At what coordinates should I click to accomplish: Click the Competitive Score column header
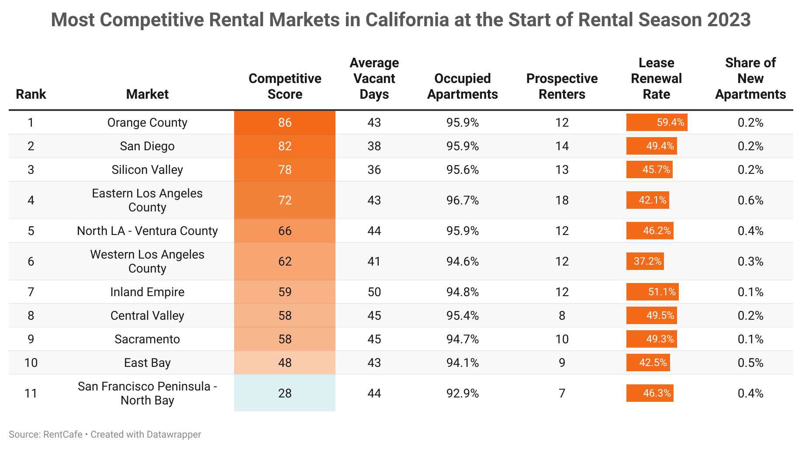click(285, 86)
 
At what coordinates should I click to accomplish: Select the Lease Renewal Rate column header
click(656, 79)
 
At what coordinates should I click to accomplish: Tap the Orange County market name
click(147, 123)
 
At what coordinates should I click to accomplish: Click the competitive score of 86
click(285, 122)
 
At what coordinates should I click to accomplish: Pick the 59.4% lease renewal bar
click(657, 122)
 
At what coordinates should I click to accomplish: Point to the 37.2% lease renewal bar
click(645, 261)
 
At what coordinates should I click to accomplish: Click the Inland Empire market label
click(147, 292)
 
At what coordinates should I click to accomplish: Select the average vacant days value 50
click(374, 292)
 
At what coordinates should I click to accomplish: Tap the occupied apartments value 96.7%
click(463, 200)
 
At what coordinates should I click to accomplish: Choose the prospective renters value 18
click(562, 200)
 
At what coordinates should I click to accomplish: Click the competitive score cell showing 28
click(285, 393)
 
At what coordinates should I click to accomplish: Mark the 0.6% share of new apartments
click(750, 200)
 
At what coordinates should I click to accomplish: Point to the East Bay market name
click(147, 363)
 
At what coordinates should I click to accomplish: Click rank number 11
click(31, 394)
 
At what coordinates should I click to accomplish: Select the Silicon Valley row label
click(147, 170)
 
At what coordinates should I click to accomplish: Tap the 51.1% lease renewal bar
click(652, 292)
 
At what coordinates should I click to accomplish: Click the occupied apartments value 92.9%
click(463, 394)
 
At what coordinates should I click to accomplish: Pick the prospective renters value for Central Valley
click(562, 316)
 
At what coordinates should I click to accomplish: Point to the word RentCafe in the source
click(63, 435)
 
